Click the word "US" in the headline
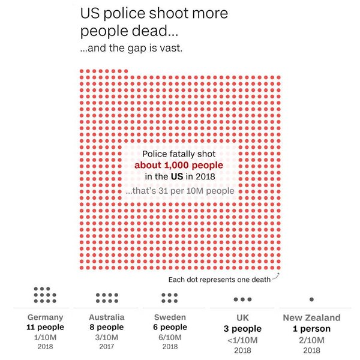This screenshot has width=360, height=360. (x=91, y=13)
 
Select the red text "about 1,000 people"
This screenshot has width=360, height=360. (x=179, y=165)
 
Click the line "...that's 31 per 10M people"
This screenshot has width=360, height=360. (x=179, y=191)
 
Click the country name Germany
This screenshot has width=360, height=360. (x=46, y=317)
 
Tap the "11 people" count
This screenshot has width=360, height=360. (x=46, y=328)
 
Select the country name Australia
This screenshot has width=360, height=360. (x=106, y=317)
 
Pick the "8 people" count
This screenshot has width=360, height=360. (x=106, y=328)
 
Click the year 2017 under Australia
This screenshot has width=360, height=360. (x=106, y=346)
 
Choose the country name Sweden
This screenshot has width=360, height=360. (x=170, y=317)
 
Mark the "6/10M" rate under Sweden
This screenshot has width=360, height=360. (x=170, y=337)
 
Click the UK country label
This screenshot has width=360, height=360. (x=242, y=318)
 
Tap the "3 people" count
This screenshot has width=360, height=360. (x=242, y=329)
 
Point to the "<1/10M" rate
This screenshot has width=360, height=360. (x=242, y=340)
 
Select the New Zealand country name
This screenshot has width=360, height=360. (x=311, y=318)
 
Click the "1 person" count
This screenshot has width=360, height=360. (x=311, y=329)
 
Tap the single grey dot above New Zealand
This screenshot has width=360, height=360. (x=311, y=299)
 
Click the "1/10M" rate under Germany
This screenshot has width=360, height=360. (x=46, y=337)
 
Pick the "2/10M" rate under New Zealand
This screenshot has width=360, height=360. (x=311, y=340)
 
